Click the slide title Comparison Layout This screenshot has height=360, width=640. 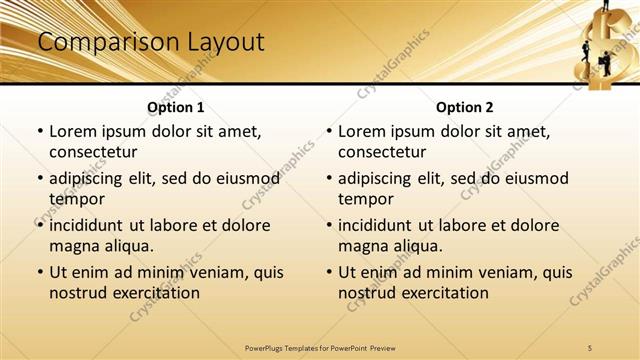pos(150,42)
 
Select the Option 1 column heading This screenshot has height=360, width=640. pos(176,107)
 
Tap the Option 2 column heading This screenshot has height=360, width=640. pos(465,107)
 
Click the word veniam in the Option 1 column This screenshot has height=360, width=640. pos(207,272)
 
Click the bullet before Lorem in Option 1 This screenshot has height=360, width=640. pos(39,131)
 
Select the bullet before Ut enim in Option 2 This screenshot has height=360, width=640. pos(328,272)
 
